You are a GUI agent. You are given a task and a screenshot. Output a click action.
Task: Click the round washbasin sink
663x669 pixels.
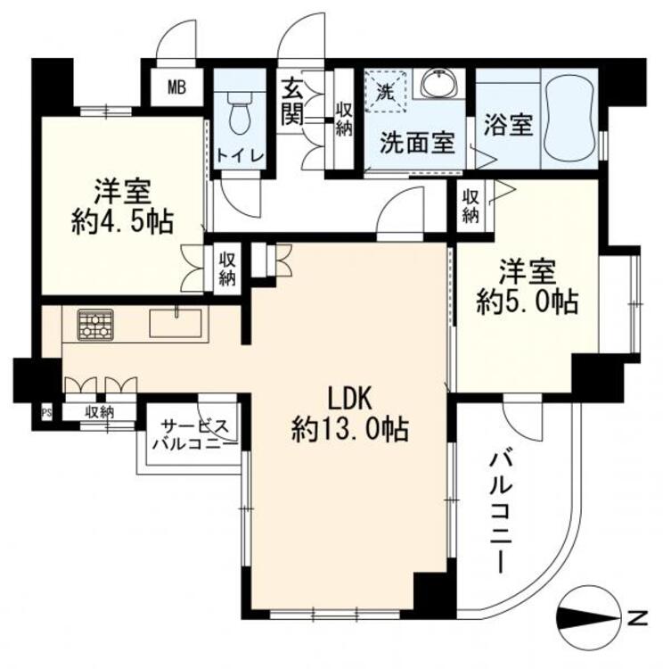coord(438,86)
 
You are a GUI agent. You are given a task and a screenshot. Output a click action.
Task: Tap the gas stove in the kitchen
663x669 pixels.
coord(95,324)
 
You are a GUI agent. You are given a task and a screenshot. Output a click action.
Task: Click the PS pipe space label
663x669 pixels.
coord(46,412)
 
